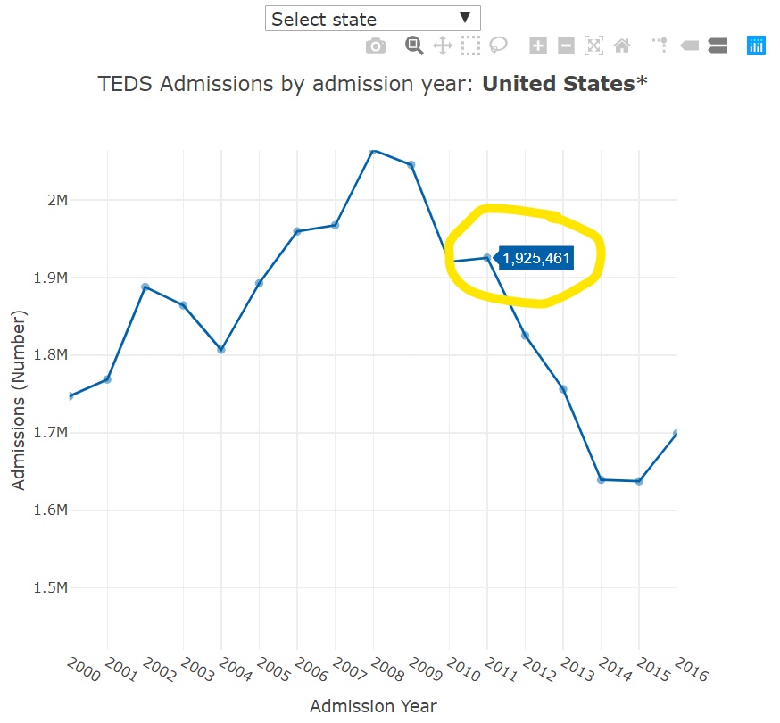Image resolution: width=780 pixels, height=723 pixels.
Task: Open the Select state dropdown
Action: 372,19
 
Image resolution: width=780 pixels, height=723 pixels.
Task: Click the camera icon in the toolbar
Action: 376,46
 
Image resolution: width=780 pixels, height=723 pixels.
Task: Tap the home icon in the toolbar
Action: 622,46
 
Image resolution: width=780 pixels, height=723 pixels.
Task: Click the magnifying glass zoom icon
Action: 413,46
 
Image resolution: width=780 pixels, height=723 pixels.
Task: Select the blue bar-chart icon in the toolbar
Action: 756,46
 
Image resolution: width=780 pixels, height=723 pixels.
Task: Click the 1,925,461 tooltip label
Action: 535,259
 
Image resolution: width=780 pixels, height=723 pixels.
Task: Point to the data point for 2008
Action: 374,150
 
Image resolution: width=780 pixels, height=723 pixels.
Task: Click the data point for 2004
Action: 221,350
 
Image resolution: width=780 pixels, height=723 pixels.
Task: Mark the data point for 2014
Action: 601,479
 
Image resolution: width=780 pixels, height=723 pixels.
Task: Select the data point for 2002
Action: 145,287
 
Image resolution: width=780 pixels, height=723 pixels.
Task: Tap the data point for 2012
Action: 525,336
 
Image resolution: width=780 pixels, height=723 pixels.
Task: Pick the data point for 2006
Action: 297,231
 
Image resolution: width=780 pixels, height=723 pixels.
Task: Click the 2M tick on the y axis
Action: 57,200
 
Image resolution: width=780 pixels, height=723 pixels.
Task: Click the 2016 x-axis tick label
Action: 691,669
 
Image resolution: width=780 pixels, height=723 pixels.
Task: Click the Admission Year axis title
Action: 373,706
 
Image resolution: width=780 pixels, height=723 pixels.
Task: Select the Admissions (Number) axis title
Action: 19,399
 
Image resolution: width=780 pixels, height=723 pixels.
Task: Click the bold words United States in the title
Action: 558,84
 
